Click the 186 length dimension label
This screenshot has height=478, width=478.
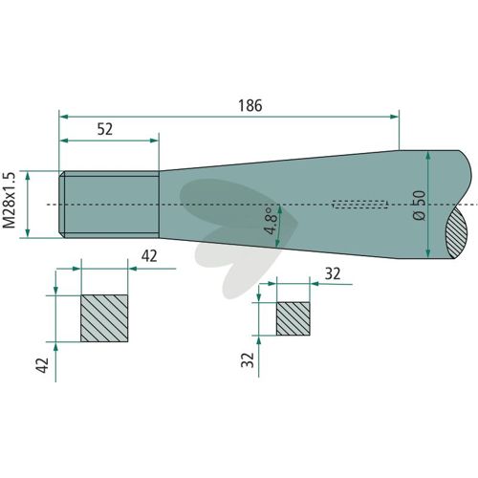(250, 105)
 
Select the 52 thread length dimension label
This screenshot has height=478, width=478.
(105, 129)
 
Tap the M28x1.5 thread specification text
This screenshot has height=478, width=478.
(9, 200)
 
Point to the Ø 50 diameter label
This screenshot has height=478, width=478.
(419, 206)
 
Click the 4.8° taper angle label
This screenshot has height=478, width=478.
(267, 221)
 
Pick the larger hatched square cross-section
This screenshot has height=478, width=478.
(104, 318)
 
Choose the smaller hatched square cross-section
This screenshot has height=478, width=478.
(293, 318)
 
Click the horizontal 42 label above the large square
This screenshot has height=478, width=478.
(149, 256)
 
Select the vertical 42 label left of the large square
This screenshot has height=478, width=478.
(42, 365)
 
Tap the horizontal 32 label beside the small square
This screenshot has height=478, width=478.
(333, 273)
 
